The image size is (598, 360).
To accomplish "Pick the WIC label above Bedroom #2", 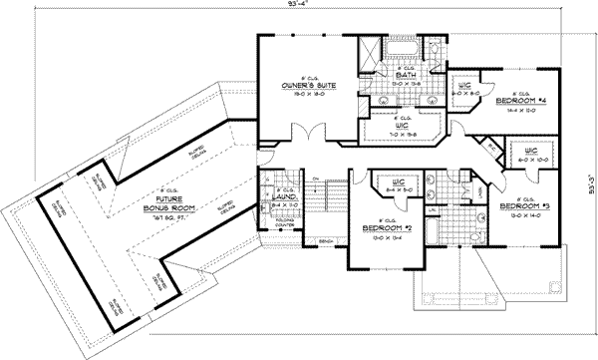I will (x=398, y=182).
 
